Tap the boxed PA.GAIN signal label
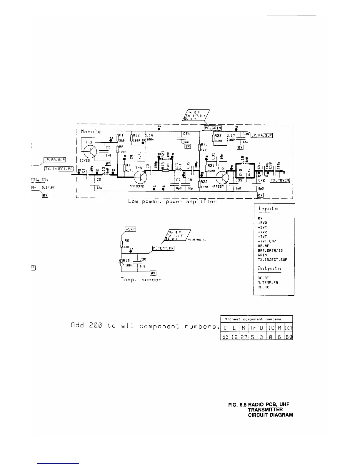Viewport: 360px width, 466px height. coord(213,128)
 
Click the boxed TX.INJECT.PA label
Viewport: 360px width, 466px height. coord(59,169)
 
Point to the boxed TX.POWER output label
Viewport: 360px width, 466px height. coord(280,181)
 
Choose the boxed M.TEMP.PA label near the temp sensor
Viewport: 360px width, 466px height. coord(163,248)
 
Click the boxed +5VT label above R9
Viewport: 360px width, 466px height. coord(130,229)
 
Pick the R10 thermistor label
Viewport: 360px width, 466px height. coord(126,260)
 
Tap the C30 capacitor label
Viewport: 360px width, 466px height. coord(143,259)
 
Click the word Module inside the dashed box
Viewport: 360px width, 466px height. coord(91,132)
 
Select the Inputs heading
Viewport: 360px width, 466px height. coord(268,209)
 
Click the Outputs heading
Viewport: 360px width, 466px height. coord(269,268)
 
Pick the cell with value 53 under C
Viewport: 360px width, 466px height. coord(225,337)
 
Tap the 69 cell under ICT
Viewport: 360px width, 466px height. coord(289,337)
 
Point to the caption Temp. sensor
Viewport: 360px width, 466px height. coord(141,279)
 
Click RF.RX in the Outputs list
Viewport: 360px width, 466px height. coord(263,287)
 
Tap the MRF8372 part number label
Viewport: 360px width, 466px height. coord(137,187)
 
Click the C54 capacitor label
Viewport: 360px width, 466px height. coord(186,134)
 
